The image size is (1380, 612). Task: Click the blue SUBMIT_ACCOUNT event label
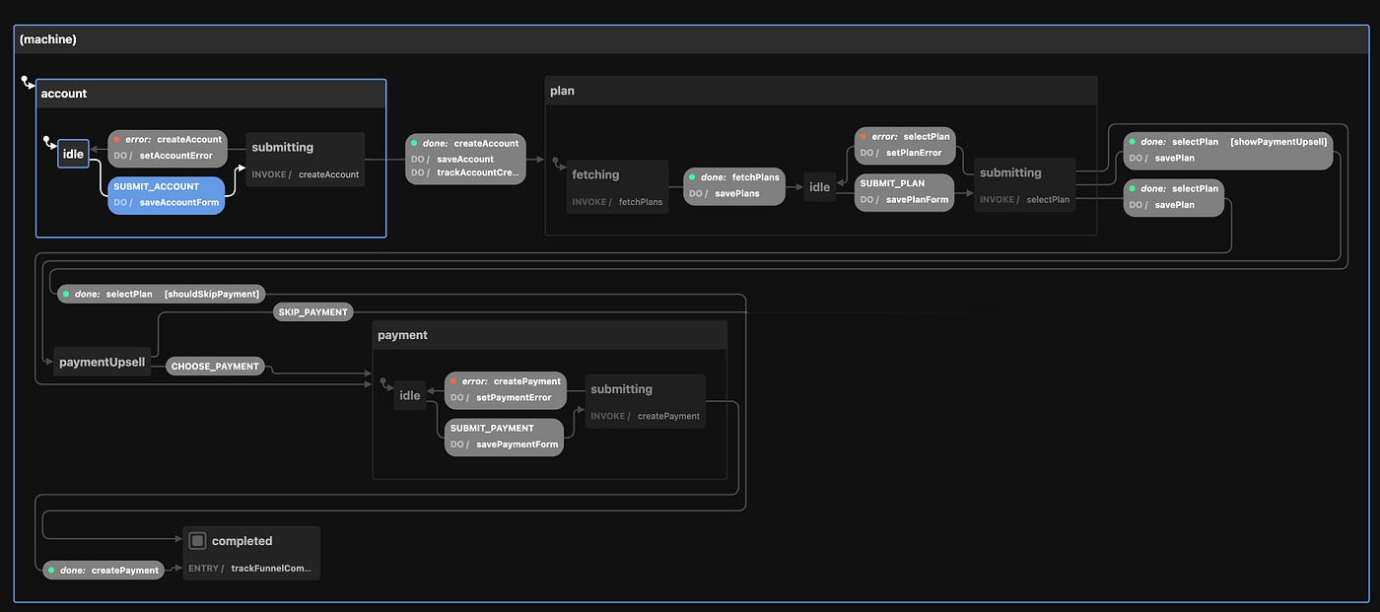(156, 186)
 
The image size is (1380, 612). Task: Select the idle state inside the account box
(73, 154)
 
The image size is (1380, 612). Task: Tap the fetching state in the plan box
(595, 174)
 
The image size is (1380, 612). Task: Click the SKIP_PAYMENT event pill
(313, 312)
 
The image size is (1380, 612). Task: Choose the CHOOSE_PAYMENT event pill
(215, 367)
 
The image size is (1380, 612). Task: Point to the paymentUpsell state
(102, 362)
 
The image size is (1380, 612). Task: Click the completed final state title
(241, 541)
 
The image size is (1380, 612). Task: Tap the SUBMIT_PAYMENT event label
(492, 428)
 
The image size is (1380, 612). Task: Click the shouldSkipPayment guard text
(212, 294)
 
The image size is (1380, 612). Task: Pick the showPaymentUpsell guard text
(1278, 142)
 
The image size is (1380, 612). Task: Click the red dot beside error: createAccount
(116, 140)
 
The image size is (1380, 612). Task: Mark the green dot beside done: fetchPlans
(692, 177)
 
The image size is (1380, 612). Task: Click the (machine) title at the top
(48, 39)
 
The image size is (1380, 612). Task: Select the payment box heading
(402, 335)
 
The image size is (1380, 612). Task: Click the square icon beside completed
(197, 541)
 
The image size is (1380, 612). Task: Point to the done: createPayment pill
(103, 570)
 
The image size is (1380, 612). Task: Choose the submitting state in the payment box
(621, 389)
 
